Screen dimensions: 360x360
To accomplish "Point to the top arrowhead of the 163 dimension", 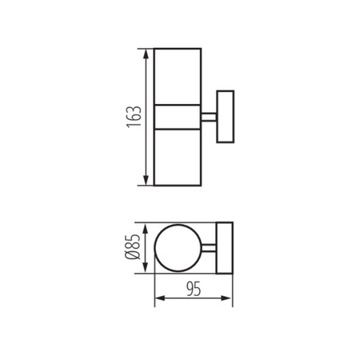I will click(145, 54).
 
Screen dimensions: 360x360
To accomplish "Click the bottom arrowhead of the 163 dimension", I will click(145, 181).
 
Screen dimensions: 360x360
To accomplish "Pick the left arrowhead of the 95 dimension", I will click(157, 299).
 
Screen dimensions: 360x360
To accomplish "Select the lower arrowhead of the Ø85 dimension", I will click(145, 270).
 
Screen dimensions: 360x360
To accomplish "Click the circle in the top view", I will click(178, 249).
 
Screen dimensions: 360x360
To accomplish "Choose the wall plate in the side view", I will click(225, 117).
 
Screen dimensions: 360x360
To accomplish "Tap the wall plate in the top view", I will click(224, 249).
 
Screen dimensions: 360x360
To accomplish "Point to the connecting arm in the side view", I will click(209, 117).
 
